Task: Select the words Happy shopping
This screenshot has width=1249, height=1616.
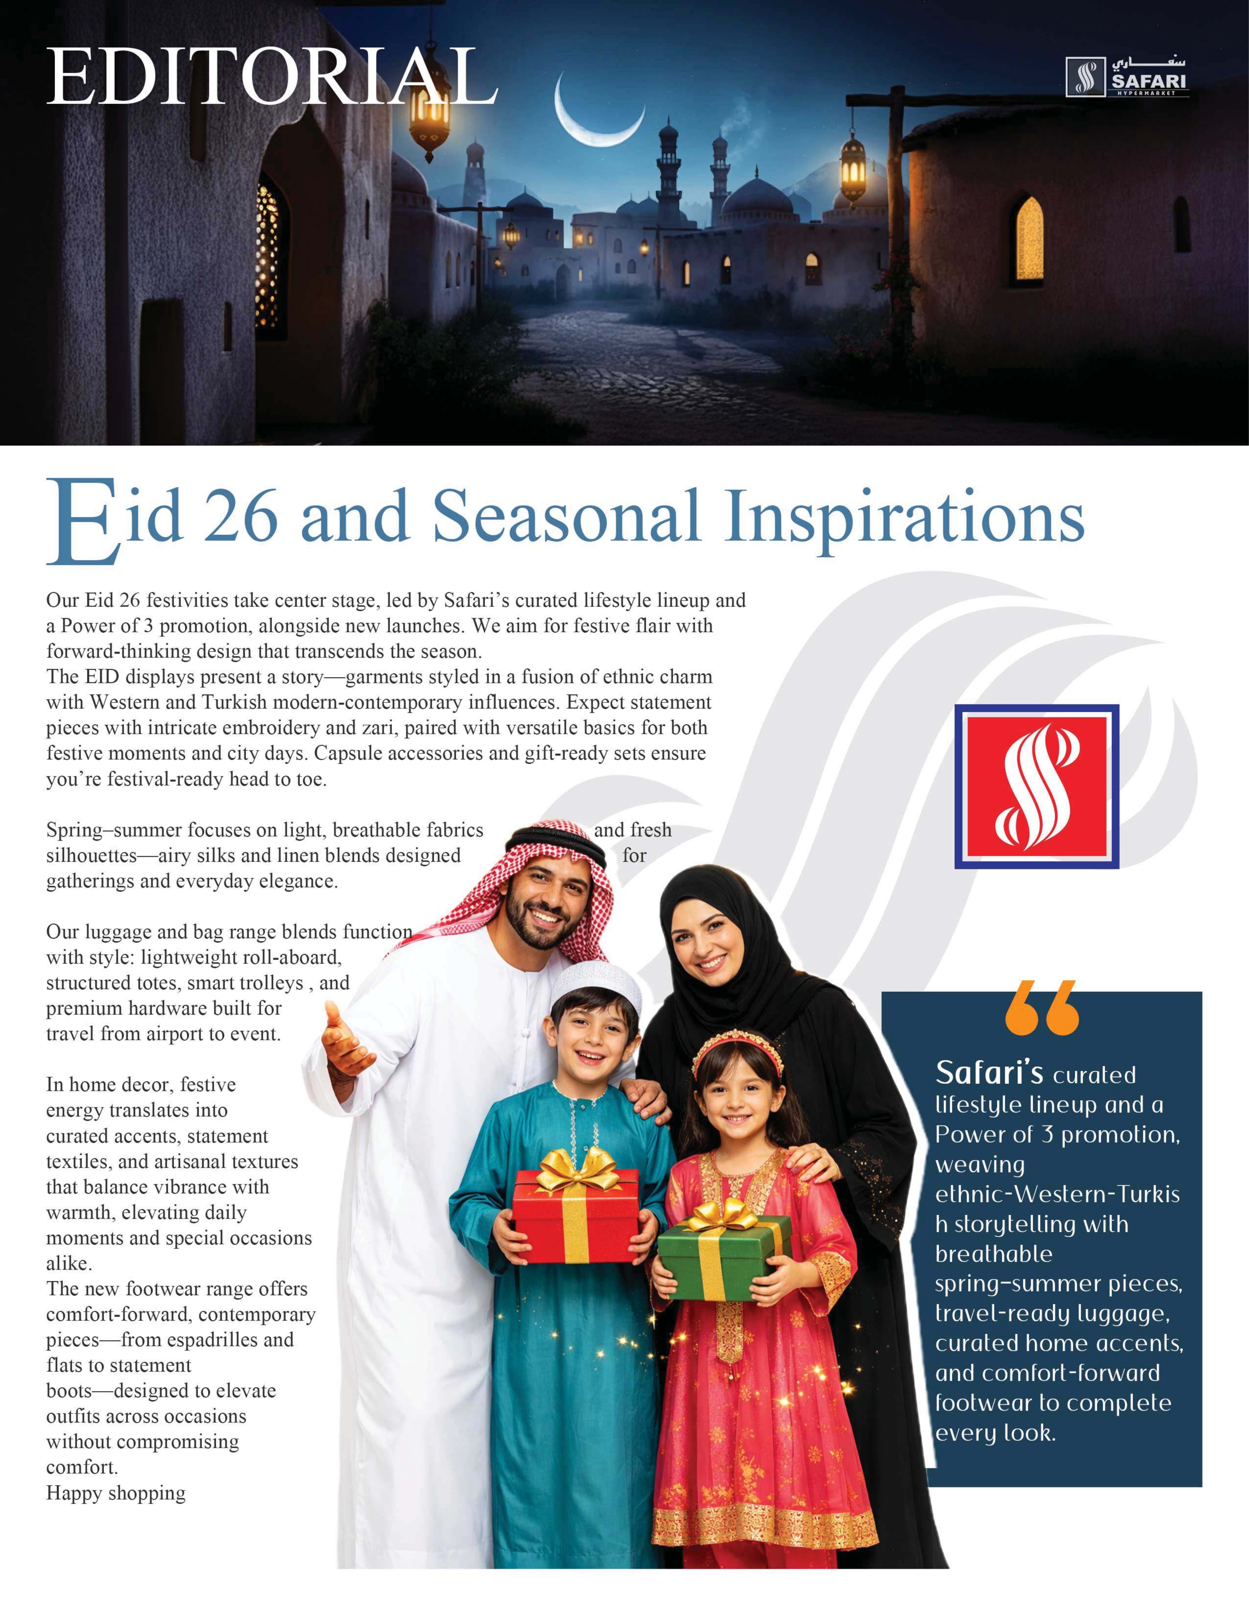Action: (115, 1493)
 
